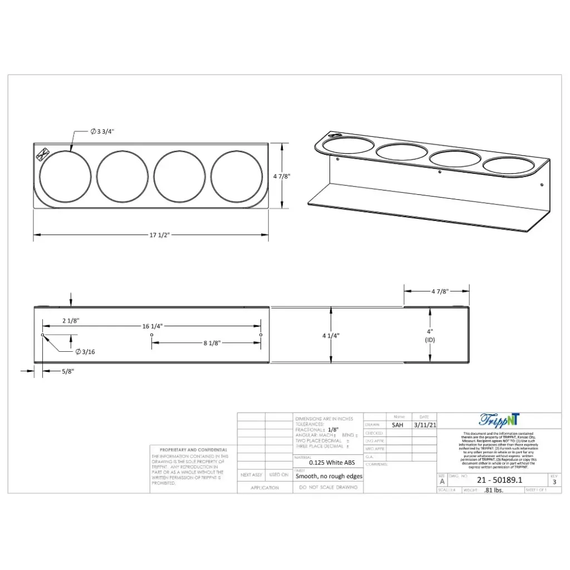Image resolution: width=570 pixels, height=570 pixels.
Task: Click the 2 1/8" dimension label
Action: coord(70,321)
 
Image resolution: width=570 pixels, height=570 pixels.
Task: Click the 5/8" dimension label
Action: coord(67,371)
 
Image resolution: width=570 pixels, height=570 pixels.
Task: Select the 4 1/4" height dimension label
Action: coord(330,335)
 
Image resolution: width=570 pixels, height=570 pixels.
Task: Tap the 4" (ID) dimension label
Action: coord(429,335)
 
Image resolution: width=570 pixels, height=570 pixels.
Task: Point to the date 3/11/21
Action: coord(425,425)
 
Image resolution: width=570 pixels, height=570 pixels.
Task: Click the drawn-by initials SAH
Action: coord(397,425)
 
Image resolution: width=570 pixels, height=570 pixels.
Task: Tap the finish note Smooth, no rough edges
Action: coord(328,476)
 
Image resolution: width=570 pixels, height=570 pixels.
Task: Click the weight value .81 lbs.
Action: coord(494,490)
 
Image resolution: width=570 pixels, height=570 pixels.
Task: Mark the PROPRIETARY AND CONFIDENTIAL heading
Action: coord(193,450)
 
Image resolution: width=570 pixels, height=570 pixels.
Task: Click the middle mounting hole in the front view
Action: coord(152,335)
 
